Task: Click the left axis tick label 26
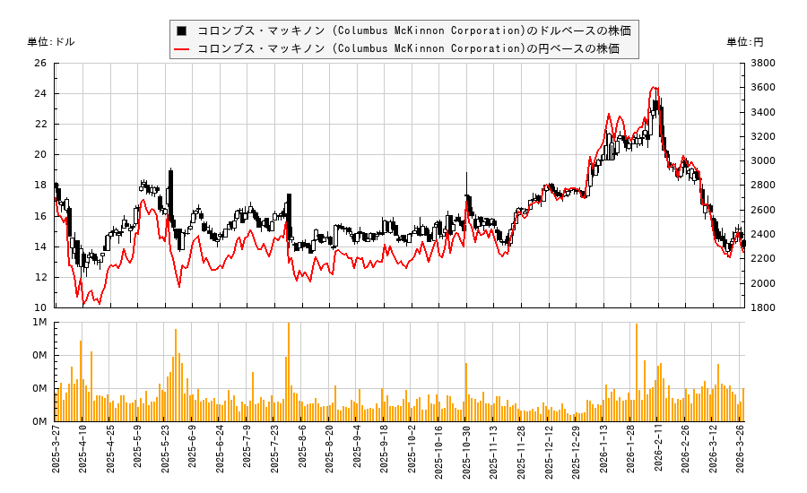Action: pyautogui.click(x=40, y=64)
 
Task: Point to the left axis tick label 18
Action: pyautogui.click(x=40, y=186)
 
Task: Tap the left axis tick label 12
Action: pyautogui.click(x=40, y=277)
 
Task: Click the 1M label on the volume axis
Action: pyautogui.click(x=40, y=323)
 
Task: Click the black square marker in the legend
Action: pyautogui.click(x=183, y=30)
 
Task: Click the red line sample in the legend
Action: pyautogui.click(x=183, y=48)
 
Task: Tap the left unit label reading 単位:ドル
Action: pyautogui.click(x=52, y=42)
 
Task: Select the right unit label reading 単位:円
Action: pyautogui.click(x=745, y=42)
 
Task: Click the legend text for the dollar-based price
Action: pyautogui.click(x=413, y=30)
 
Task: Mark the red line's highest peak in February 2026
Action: pyautogui.click(x=655, y=88)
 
